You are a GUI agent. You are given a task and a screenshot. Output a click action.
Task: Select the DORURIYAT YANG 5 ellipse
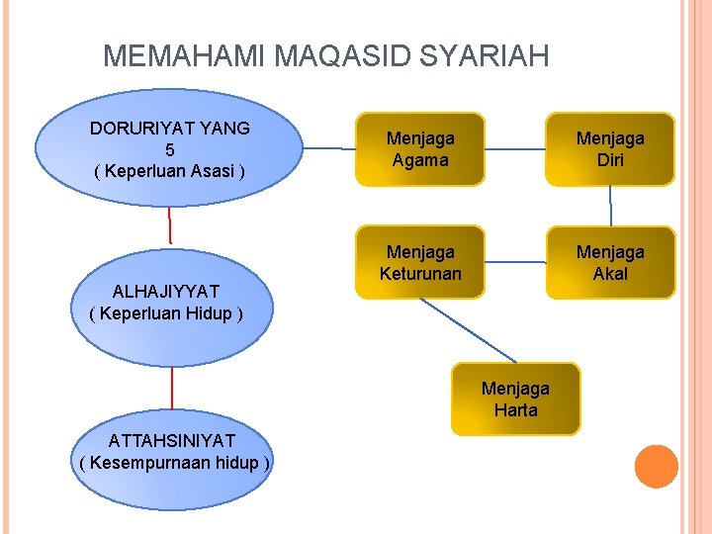pos(170,149)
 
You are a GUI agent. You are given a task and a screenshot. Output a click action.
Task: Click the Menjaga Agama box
pos(420,149)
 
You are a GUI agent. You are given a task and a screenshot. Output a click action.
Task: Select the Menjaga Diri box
pos(610,149)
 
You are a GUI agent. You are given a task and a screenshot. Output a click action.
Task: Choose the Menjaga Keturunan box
pos(420,263)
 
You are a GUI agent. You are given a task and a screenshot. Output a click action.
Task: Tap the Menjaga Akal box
pos(610,263)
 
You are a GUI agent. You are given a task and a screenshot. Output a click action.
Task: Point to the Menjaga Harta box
pos(515,400)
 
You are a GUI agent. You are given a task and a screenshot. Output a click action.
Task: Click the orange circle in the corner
pos(656,467)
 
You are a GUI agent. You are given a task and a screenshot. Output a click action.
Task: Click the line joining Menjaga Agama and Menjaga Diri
pos(515,150)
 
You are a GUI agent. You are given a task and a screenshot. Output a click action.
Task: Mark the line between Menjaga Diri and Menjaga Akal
pos(610,207)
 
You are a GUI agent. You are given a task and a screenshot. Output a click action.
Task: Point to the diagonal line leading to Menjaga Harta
pos(467,329)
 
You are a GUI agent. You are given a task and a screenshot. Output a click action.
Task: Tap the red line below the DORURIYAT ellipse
pos(169,225)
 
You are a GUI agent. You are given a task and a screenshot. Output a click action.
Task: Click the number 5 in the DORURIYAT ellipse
pos(170,149)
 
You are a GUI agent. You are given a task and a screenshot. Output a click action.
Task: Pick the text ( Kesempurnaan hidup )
pos(174,463)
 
